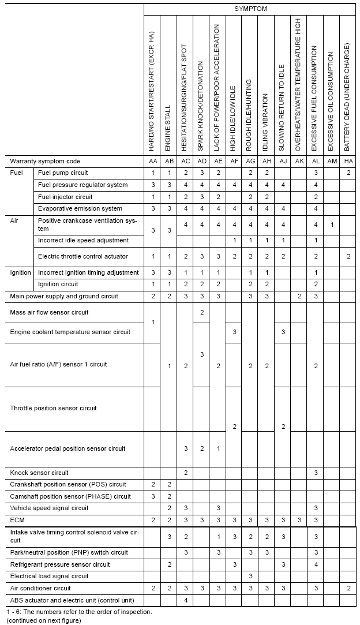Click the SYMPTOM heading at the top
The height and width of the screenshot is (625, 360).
click(x=250, y=9)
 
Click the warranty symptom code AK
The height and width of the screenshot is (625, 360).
click(x=299, y=161)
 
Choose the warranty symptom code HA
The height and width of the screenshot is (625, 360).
click(x=348, y=161)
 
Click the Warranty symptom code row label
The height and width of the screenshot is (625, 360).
click(x=45, y=161)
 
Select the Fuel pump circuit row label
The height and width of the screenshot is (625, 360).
click(x=63, y=173)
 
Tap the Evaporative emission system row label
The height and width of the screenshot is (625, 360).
click(x=80, y=208)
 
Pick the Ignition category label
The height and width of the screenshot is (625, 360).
click(x=21, y=272)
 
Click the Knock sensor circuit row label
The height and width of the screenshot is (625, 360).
click(x=39, y=473)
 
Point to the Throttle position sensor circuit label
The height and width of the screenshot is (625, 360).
click(x=54, y=409)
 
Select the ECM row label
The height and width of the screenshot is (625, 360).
click(x=17, y=520)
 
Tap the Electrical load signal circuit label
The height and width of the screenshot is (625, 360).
click(x=50, y=576)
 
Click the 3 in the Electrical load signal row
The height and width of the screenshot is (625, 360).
click(x=250, y=576)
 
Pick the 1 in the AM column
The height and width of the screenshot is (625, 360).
click(x=332, y=224)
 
